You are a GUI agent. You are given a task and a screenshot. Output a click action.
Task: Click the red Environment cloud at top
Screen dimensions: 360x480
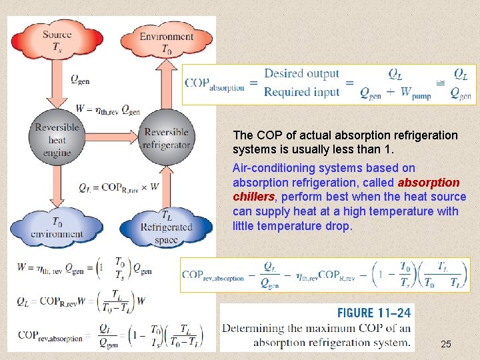(166, 41)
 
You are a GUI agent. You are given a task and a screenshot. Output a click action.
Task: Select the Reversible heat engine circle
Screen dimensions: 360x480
(57, 139)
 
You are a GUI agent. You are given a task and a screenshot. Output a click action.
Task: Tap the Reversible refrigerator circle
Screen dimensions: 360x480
(167, 139)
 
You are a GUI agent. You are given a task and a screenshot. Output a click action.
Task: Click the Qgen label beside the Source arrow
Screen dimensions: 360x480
(80, 79)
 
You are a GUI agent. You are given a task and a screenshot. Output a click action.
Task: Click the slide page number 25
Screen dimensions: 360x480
(446, 344)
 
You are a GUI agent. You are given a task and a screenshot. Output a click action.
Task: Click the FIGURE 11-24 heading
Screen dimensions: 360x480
(374, 313)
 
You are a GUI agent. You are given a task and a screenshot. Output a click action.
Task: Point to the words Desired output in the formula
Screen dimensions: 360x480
(301, 74)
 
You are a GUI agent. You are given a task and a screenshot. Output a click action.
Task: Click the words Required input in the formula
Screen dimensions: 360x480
(301, 92)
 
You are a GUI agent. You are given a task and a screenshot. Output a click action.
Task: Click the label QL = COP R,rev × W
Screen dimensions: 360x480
(119, 187)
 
